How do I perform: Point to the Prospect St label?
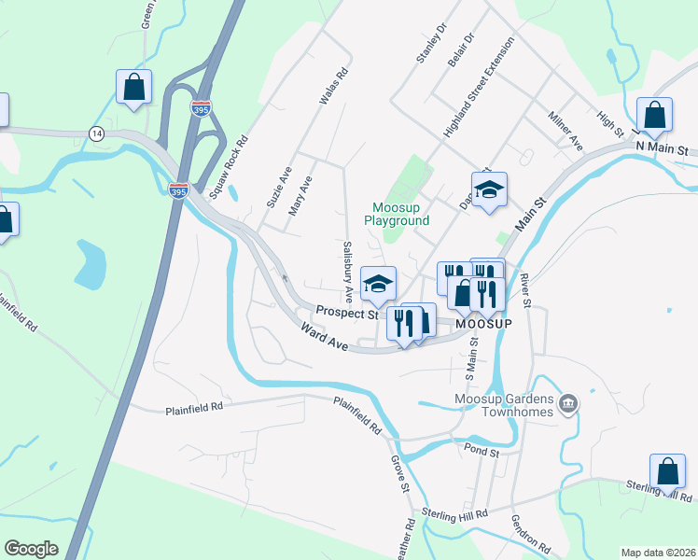click(x=346, y=314)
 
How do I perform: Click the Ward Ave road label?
click(x=324, y=337)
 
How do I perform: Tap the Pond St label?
click(x=482, y=450)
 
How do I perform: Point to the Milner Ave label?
click(x=565, y=131)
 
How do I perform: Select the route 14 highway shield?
click(x=96, y=133)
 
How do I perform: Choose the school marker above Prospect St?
click(x=378, y=285)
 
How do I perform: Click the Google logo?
click(x=31, y=549)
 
